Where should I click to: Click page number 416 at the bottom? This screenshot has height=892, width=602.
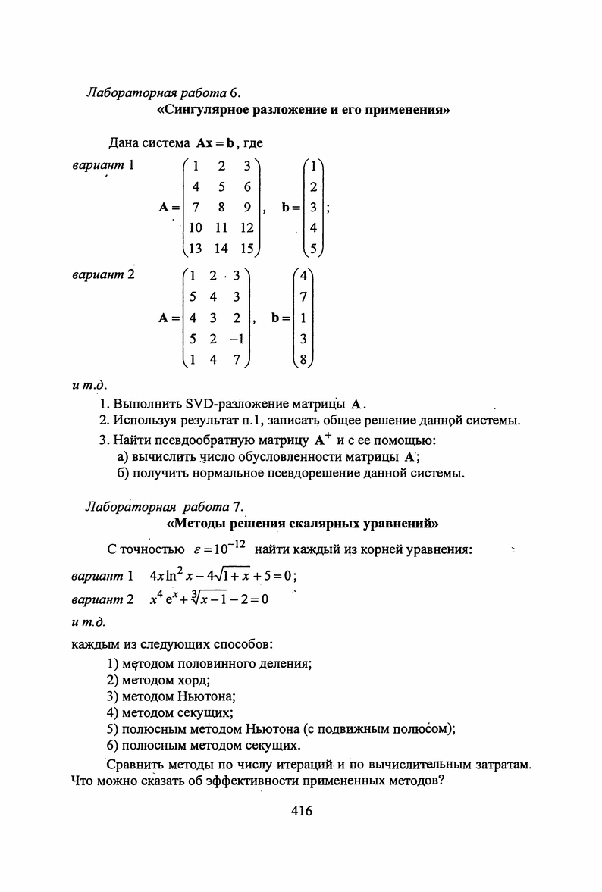click(301, 812)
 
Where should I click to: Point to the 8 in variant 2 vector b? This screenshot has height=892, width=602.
click(303, 361)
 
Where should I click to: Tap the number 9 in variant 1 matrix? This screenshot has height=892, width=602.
click(246, 207)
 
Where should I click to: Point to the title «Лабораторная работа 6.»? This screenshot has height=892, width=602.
click(164, 93)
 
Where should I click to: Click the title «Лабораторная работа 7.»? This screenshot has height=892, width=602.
click(164, 505)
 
